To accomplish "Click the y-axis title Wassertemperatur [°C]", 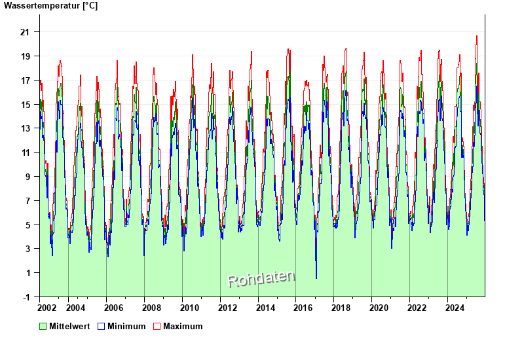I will point(50,6).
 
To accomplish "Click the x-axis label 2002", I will point(47,308).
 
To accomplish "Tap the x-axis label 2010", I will point(190,308).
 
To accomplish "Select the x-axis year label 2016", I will point(305,308).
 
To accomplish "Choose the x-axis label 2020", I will point(381,308).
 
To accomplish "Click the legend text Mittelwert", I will point(69,326).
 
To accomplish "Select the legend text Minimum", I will point(126,326).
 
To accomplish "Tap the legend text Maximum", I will point(183,326).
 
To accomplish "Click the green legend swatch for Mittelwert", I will point(43,326).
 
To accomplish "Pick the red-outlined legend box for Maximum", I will point(157,326).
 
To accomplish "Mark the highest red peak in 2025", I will point(477,36).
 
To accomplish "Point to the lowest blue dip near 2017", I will point(316,278).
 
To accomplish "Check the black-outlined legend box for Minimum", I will point(101,326).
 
